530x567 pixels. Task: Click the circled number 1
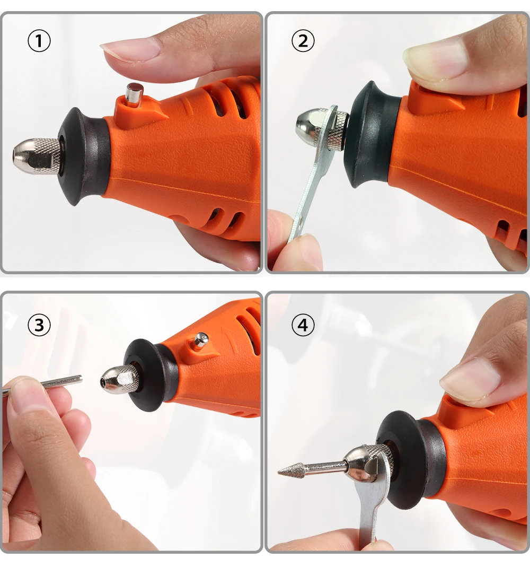[39, 41]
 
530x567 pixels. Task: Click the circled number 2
[303, 41]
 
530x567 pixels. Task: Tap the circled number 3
[39, 325]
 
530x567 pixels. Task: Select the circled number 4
[303, 325]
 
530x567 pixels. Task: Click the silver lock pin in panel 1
[134, 95]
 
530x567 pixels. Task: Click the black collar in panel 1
[85, 156]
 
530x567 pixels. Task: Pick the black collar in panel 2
[372, 134]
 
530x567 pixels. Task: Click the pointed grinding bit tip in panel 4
[278, 472]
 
